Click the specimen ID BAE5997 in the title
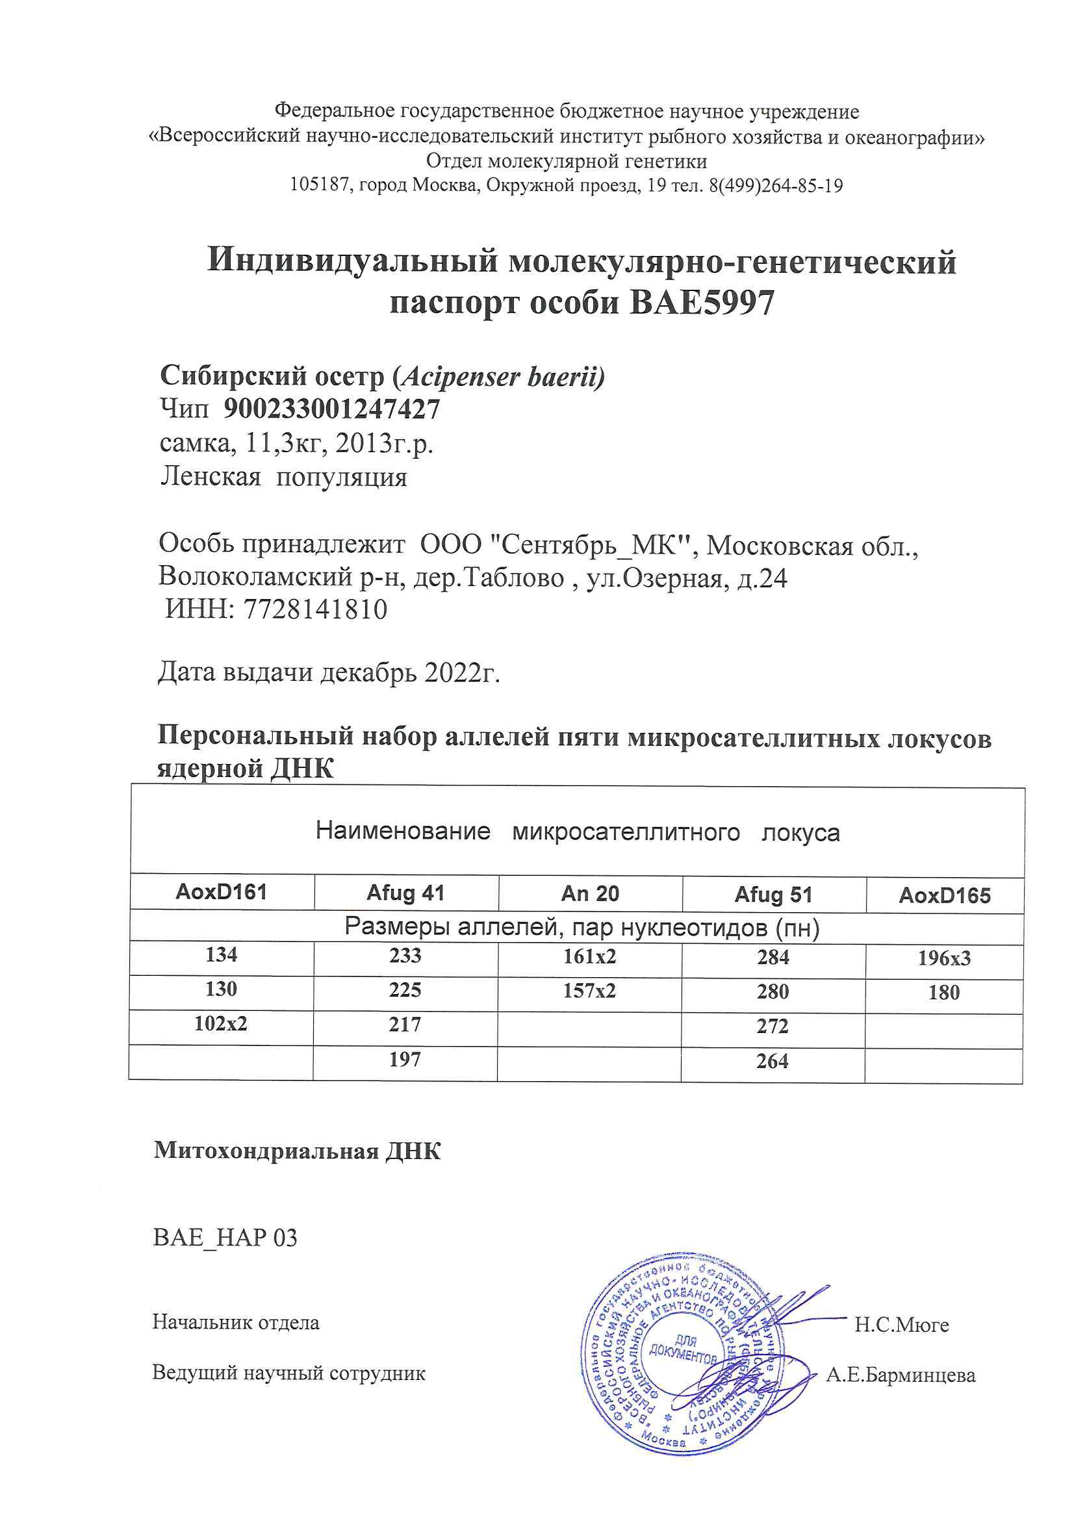coord(701,303)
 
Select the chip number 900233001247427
coord(331,409)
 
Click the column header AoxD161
coord(221,893)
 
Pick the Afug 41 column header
coord(405,893)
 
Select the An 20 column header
coord(589,894)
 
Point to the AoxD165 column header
coord(944,896)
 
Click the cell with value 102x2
coord(221,1023)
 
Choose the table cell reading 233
coord(405,955)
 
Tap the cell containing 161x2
coord(589,956)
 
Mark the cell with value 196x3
coord(943,958)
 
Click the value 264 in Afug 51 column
coord(773,1061)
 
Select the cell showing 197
coord(405,1059)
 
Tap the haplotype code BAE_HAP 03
coord(225,1238)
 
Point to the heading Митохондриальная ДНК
coord(297,1151)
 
